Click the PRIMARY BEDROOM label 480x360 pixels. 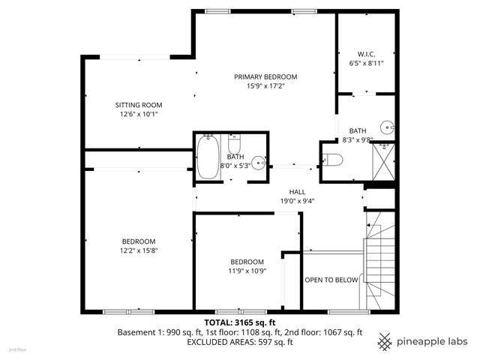pyautogui.click(x=265, y=77)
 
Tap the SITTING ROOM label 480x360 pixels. pyautogui.click(x=139, y=105)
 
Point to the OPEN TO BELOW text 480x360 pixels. pyautogui.click(x=331, y=280)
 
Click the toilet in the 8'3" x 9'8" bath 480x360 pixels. pyautogui.click(x=333, y=160)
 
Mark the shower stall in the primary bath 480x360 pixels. pyautogui.click(x=385, y=159)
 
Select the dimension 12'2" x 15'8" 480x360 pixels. pyautogui.click(x=139, y=250)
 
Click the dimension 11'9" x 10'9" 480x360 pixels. pyautogui.click(x=247, y=271)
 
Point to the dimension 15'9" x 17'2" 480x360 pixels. pyautogui.click(x=265, y=87)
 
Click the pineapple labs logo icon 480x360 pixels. pyautogui.click(x=385, y=341)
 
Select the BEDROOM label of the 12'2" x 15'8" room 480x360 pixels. pyautogui.click(x=139, y=241)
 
